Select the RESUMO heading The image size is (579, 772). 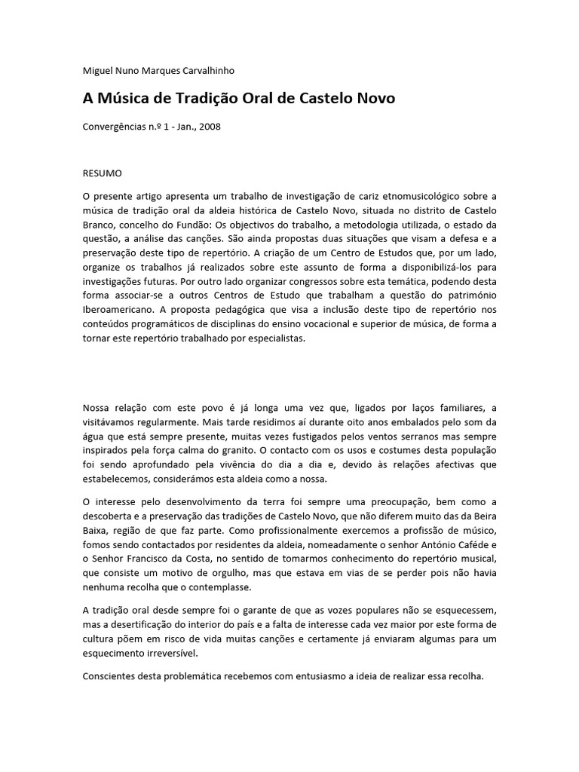coord(102,173)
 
